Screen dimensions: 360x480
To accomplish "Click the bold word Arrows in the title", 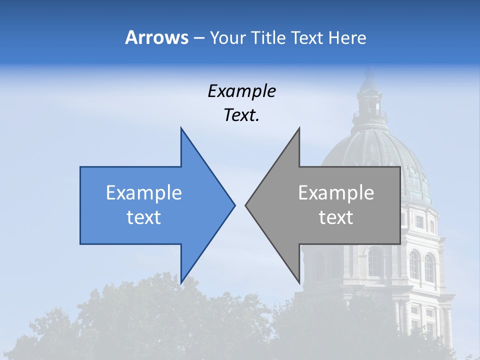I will tap(156, 37).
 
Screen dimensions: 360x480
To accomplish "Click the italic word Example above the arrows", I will tap(242, 91).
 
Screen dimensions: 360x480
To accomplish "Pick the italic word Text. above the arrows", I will tap(242, 115).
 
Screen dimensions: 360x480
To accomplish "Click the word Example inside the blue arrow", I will tap(144, 192).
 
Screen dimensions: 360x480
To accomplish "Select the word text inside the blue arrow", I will tap(144, 217).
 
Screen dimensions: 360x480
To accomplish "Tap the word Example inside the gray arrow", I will tap(336, 192).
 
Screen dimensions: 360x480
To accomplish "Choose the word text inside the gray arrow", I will tap(336, 217).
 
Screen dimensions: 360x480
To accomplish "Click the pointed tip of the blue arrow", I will tap(233, 205).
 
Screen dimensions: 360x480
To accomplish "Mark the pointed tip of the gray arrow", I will tap(246, 205).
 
